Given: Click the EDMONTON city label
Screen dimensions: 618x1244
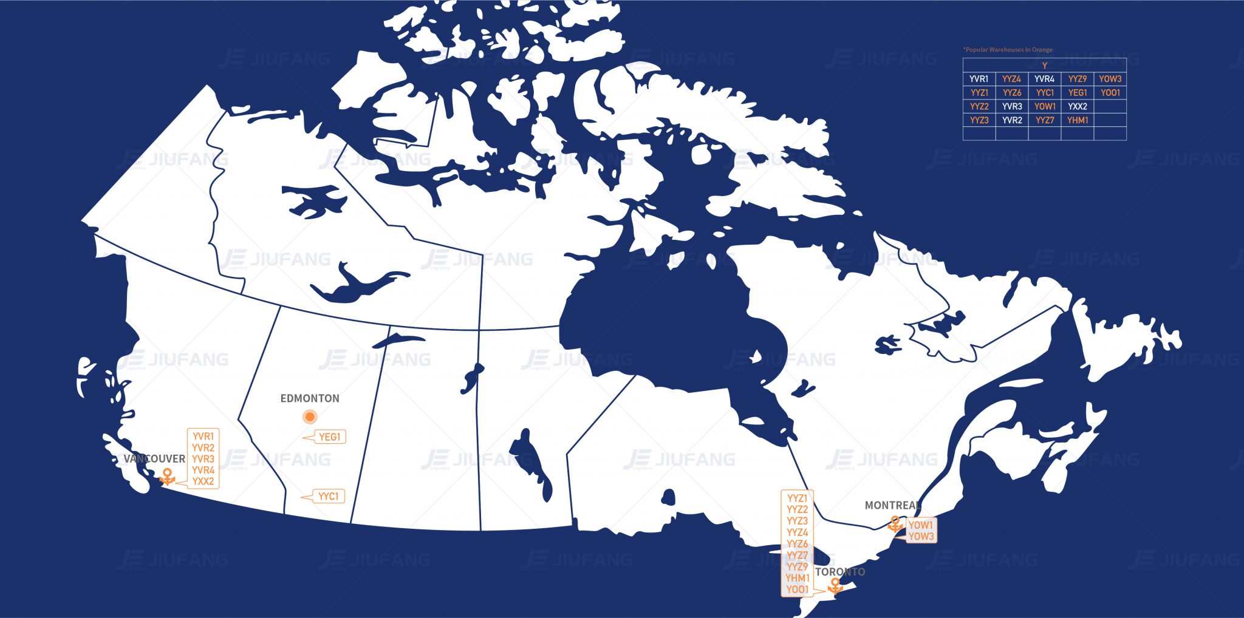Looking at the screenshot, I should click(310, 398).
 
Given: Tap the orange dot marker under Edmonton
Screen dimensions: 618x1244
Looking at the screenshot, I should click(310, 417).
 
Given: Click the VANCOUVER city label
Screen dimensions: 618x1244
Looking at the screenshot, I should click(154, 459).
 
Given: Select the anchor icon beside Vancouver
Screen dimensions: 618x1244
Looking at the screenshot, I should click(167, 477).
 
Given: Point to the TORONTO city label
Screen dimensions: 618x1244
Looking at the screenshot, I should click(840, 572).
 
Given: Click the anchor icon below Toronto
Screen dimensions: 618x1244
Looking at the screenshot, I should click(836, 586).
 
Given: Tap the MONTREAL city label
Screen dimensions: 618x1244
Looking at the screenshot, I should click(892, 505).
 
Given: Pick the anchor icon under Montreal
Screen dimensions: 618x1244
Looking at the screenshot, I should click(895, 523).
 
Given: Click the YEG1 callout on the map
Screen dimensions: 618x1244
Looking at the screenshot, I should click(330, 436).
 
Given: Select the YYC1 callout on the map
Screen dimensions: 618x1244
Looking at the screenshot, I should click(329, 496).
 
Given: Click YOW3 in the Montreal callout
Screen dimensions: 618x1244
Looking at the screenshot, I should click(921, 536).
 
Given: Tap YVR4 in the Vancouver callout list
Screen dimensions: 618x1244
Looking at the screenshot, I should click(203, 470).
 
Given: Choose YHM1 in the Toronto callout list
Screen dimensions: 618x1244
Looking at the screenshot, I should click(798, 578).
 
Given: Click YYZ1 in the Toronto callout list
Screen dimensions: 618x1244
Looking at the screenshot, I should click(798, 498).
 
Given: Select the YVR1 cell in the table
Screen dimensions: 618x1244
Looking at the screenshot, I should click(979, 79).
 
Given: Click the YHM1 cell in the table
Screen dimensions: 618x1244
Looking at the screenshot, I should click(1078, 120).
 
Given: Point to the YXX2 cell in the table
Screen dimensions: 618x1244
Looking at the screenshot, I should click(1078, 106).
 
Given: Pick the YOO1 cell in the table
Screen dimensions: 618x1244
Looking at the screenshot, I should click(1110, 93).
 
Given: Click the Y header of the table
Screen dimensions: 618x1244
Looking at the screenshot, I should click(1045, 66).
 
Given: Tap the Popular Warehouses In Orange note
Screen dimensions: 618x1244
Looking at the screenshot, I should click(1008, 50).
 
